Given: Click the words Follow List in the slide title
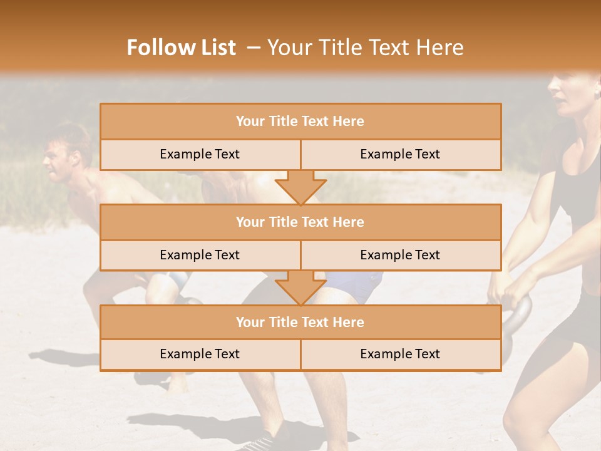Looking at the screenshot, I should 182,48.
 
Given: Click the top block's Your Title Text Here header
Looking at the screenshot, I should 300,122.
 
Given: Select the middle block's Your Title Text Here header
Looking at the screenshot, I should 300,222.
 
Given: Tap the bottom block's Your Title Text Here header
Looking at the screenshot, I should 300,322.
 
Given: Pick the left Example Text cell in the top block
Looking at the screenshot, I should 200,154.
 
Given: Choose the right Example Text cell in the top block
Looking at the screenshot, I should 400,154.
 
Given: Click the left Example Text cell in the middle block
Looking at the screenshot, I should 200,255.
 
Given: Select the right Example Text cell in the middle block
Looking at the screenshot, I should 400,255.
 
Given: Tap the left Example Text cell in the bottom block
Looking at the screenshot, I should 200,354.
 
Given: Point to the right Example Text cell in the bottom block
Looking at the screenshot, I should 400,354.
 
